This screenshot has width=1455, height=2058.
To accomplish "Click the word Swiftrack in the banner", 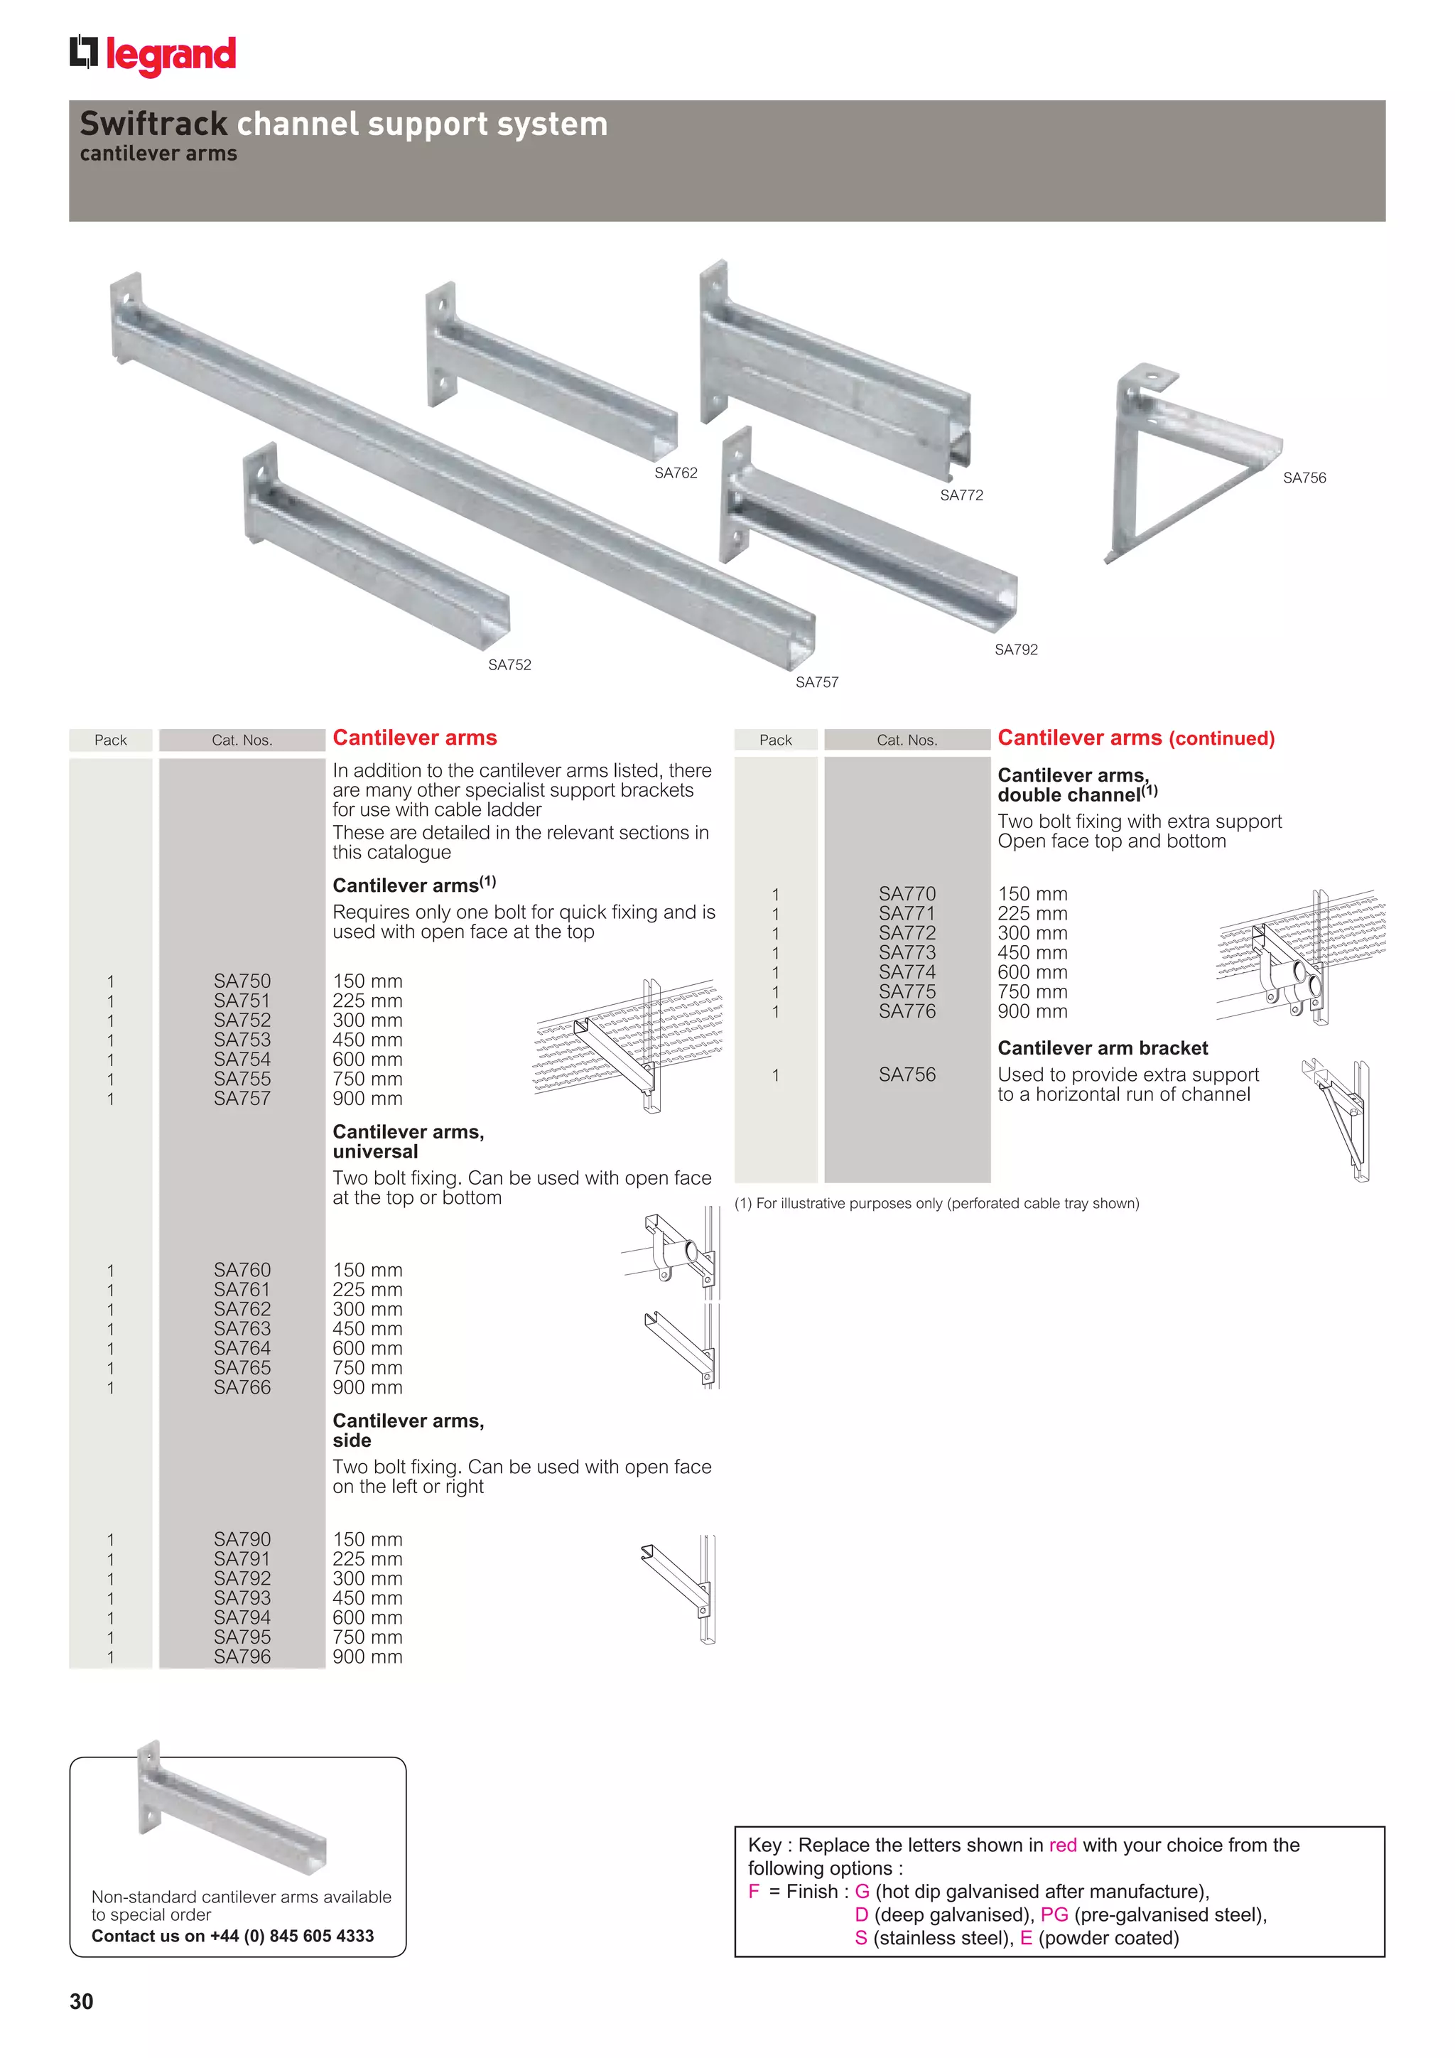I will click(x=153, y=124).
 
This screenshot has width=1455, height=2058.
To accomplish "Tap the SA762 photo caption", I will click(x=676, y=473).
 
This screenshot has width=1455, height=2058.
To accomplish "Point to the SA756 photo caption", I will click(x=1304, y=478).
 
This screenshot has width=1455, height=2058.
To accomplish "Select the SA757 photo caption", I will click(x=816, y=682).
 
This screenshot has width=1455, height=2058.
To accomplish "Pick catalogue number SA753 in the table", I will click(x=242, y=1040).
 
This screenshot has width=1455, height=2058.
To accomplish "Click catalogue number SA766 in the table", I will click(x=242, y=1388).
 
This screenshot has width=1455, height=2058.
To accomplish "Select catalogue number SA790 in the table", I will click(x=242, y=1539).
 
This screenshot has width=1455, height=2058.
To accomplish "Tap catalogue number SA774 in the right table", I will click(x=907, y=973).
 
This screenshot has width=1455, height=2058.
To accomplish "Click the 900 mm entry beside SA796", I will click(x=367, y=1657).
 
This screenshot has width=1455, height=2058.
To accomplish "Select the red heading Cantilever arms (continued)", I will click(x=1135, y=738).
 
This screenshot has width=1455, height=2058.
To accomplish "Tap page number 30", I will click(x=82, y=2002).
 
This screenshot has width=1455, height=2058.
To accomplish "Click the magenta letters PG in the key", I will click(x=1054, y=1914).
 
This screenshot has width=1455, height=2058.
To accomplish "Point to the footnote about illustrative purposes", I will click(x=936, y=1204).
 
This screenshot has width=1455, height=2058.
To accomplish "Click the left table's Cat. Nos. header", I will click(x=242, y=740).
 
